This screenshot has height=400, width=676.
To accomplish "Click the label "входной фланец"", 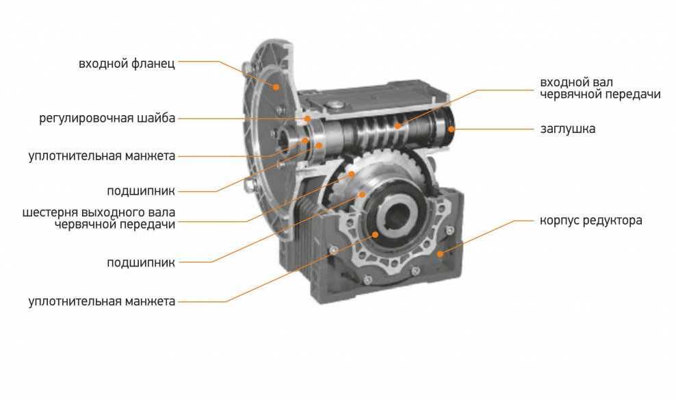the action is pos(127,64).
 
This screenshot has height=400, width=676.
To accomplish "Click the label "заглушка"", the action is pos(567,129).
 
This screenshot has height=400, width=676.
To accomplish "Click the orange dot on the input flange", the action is pos(276,87).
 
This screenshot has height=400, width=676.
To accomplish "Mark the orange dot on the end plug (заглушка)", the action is pos(450,129).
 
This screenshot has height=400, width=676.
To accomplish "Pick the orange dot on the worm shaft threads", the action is pos(398,126).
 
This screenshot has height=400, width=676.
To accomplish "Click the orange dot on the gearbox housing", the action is pos(440,253).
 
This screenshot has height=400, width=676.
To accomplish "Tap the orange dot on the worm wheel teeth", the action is pos(352,175).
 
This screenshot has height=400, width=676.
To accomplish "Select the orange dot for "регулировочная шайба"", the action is pos(307,118).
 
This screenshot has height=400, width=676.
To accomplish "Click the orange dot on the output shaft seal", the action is pos(375,234).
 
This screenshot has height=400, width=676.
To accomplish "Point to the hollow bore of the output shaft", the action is pos(398,216).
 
